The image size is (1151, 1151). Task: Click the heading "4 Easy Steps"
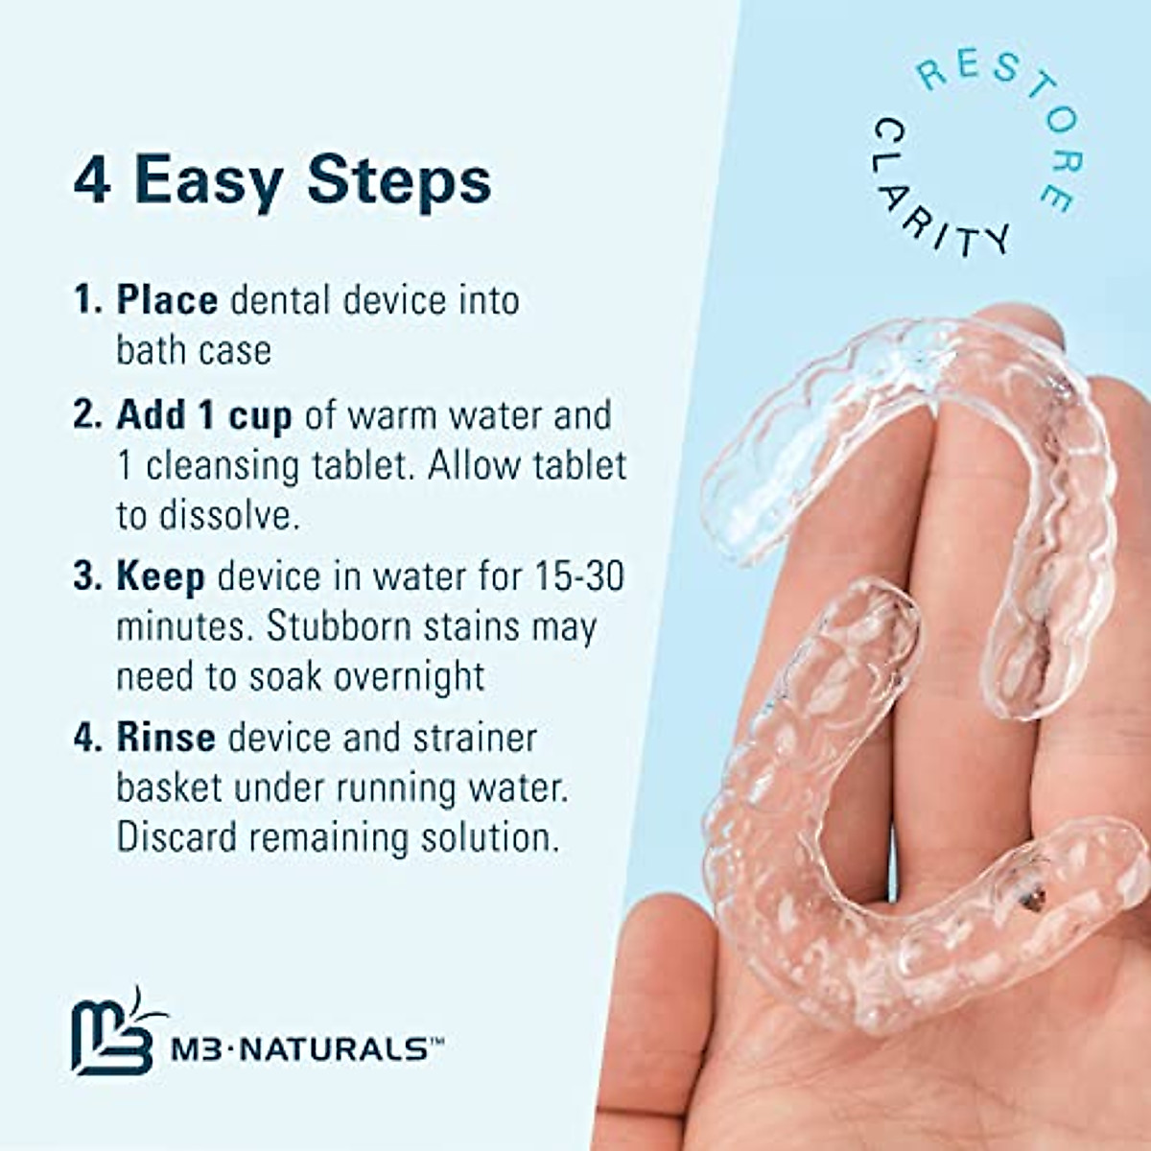click(x=282, y=179)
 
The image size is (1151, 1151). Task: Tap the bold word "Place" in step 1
click(x=167, y=300)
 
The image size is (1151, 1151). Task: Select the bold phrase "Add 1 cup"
click(x=203, y=415)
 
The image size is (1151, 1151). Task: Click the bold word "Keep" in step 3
click(x=160, y=576)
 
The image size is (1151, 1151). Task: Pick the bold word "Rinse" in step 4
click(x=166, y=738)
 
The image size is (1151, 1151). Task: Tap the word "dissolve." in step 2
click(x=208, y=515)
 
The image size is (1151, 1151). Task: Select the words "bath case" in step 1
click(x=194, y=350)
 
